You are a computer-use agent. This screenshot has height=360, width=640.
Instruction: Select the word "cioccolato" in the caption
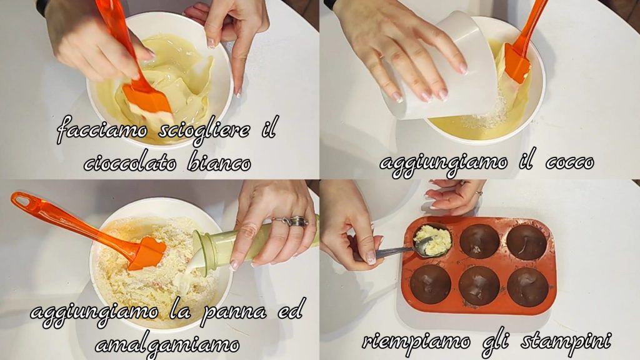(x=130, y=163)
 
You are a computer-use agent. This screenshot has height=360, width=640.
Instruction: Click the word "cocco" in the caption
(x=570, y=163)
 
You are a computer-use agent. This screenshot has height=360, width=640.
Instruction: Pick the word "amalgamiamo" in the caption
(x=167, y=345)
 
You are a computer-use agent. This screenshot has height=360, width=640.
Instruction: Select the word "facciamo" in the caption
(x=102, y=129)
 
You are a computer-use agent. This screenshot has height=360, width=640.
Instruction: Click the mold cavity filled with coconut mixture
(x=433, y=239)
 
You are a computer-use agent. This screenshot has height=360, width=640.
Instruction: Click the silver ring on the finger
(x=293, y=222)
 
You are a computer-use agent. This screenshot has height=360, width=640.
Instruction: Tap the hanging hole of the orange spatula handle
(x=22, y=200)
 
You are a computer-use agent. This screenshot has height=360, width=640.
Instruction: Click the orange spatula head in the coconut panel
(x=517, y=62)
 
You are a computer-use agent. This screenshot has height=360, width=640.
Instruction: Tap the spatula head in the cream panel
(x=147, y=253)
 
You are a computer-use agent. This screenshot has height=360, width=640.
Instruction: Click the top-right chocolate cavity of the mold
(x=527, y=242)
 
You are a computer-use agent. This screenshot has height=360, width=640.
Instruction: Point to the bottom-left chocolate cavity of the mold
(x=431, y=284)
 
